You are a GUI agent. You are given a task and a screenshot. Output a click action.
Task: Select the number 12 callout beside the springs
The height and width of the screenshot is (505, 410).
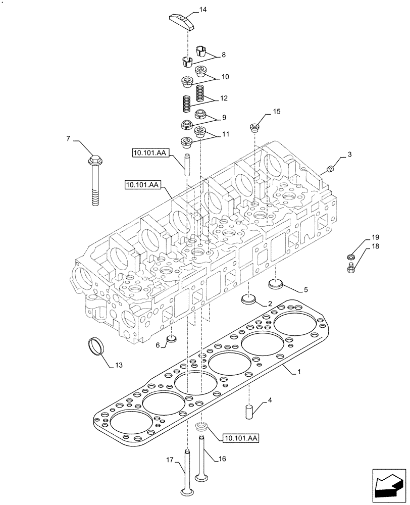point(224,98)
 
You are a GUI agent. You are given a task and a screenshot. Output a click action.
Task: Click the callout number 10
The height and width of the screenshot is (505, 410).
point(225,77)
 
